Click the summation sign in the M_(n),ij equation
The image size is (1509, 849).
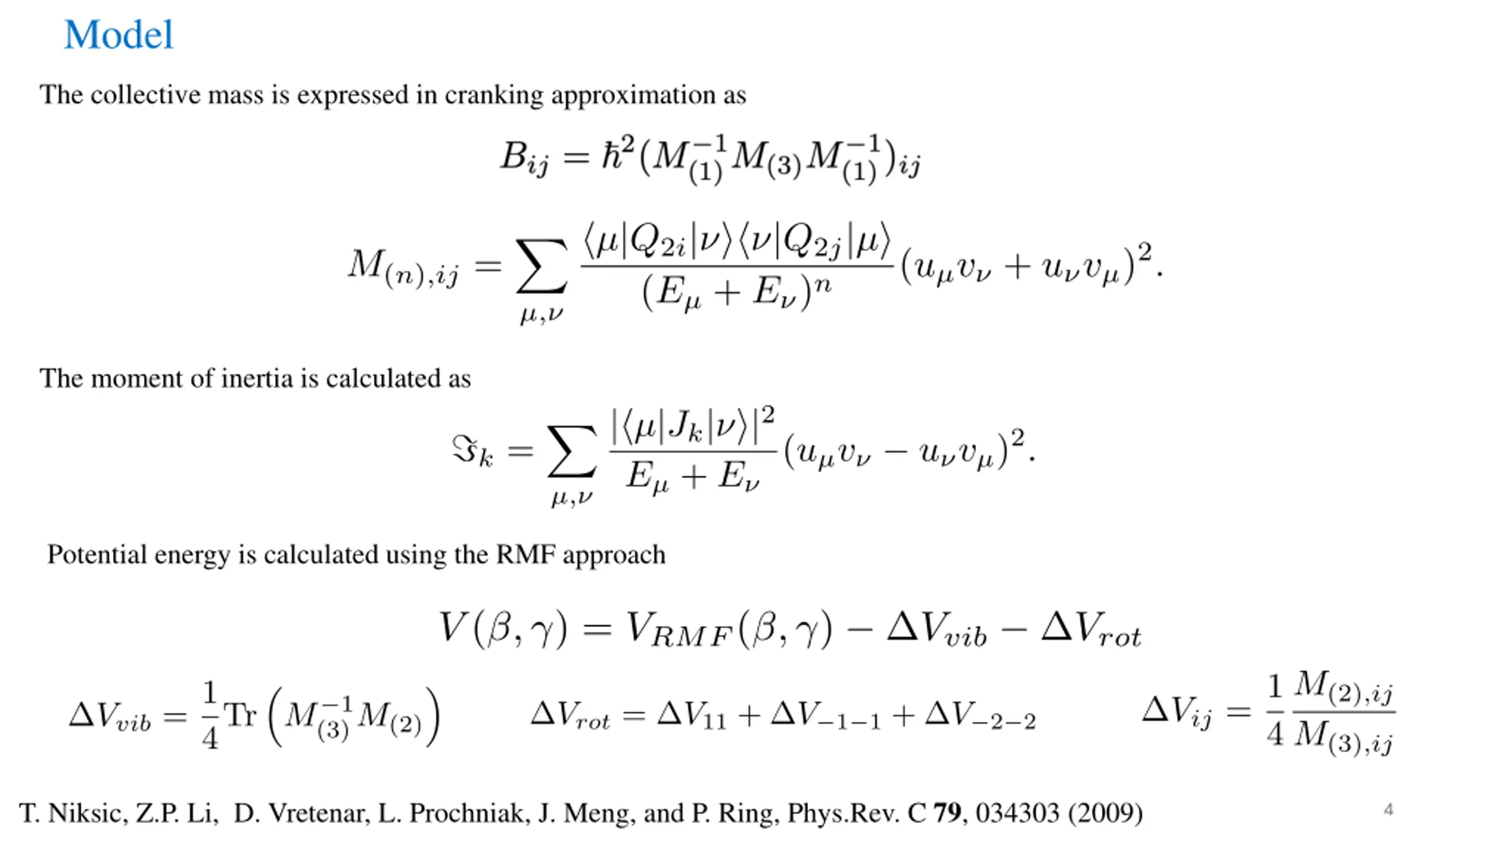click(x=541, y=266)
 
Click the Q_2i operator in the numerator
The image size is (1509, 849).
click(x=658, y=242)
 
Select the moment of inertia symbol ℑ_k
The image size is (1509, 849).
click(x=472, y=452)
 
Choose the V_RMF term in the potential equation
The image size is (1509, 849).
click(x=678, y=629)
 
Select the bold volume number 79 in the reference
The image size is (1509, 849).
click(x=947, y=813)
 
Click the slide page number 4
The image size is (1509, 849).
click(x=1388, y=810)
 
